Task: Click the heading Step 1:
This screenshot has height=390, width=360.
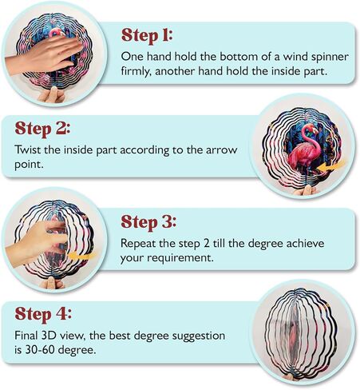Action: click(x=147, y=35)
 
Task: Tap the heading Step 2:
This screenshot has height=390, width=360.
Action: click(x=42, y=129)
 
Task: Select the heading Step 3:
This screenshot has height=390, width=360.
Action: click(x=148, y=222)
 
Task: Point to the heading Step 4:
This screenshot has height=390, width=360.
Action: click(x=43, y=314)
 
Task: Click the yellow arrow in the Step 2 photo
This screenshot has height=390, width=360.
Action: click(x=330, y=166)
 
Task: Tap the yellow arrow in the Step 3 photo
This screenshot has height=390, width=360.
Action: click(x=82, y=257)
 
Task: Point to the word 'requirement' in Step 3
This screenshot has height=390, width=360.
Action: click(x=180, y=258)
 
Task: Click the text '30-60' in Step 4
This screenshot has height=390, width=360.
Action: click(x=40, y=350)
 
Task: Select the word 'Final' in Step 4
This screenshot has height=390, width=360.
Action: click(x=26, y=336)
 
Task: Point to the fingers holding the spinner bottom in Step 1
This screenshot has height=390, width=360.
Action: click(x=52, y=95)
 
